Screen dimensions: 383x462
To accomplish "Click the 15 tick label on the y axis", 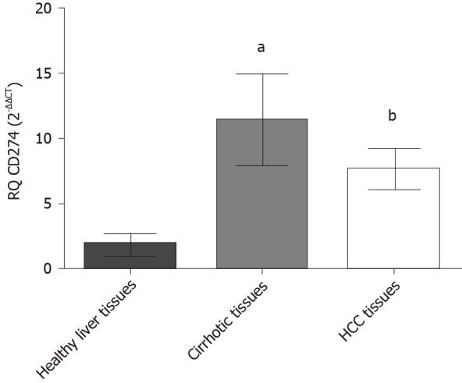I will (47, 74).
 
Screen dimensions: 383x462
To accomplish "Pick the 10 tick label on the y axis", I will (47, 139).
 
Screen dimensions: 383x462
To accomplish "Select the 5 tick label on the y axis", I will (50, 204).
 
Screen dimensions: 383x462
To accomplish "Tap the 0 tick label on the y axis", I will (50, 268).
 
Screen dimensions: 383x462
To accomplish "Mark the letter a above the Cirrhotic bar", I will (261, 48).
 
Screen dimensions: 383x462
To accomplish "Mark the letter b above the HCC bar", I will (394, 117).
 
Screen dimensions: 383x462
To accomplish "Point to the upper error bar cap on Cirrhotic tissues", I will (263, 74).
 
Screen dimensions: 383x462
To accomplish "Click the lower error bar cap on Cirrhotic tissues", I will (263, 165).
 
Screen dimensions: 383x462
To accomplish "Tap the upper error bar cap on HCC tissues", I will (396, 148).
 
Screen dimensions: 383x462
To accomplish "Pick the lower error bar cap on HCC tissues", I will (396, 190).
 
